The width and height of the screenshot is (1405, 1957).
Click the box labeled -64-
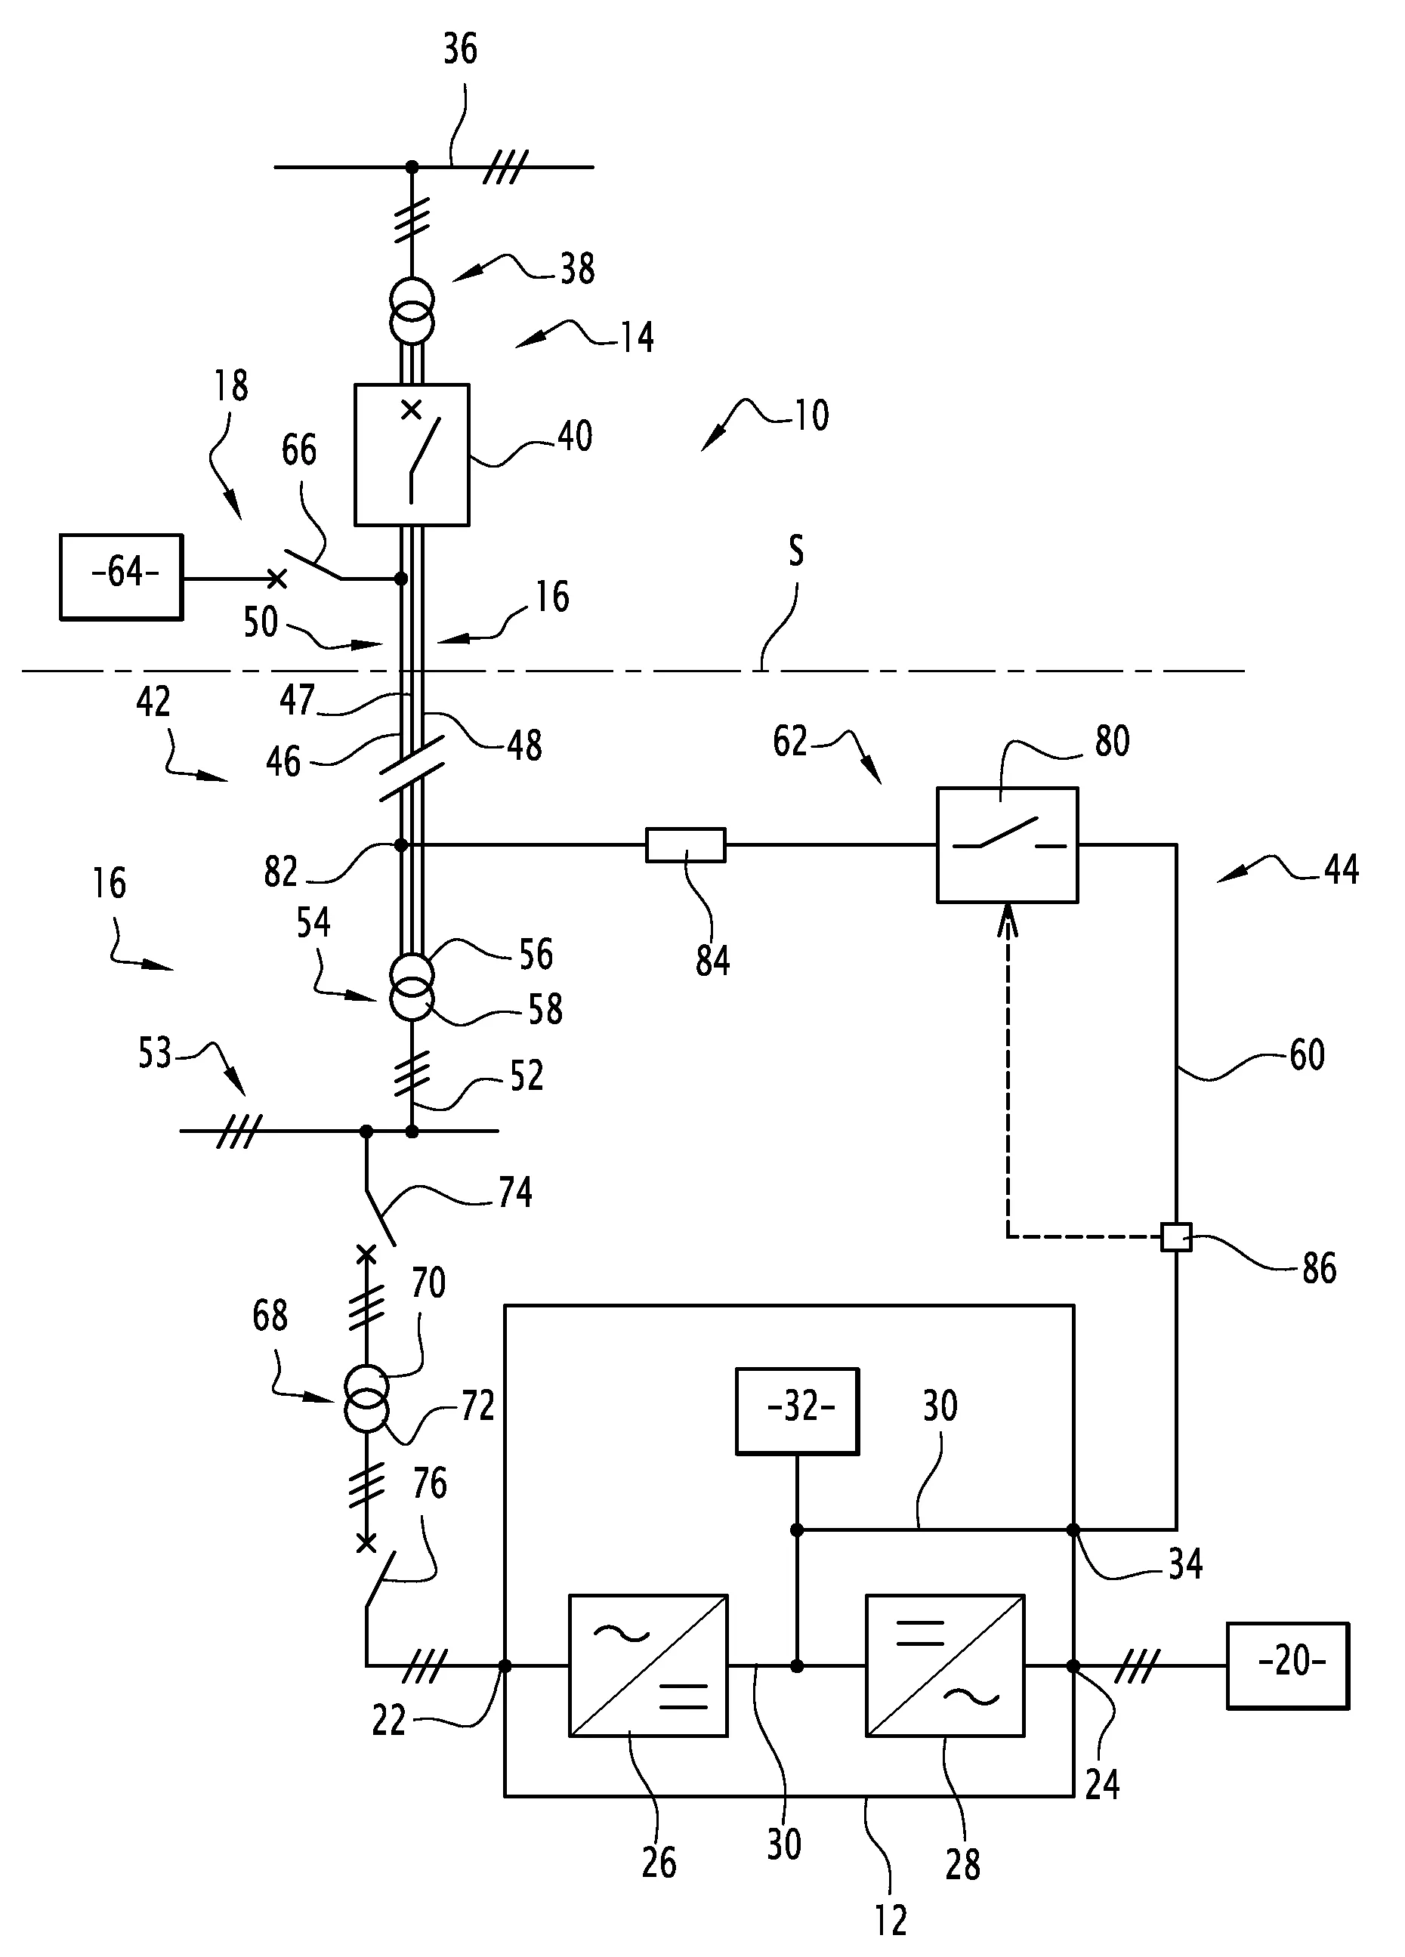121,576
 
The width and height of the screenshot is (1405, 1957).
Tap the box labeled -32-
797,1411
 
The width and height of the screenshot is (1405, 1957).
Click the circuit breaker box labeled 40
412,455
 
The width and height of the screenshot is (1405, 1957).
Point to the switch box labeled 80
1007,844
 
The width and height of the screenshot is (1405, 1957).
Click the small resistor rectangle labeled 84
685,844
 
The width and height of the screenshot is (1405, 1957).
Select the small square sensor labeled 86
1175,1236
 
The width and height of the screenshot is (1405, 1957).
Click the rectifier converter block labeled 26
648,1665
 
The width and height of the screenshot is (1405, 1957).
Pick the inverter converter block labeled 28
945,1665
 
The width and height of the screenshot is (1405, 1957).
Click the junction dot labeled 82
401,844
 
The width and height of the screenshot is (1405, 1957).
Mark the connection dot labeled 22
505,1666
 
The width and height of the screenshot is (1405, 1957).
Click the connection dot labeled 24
1073,1666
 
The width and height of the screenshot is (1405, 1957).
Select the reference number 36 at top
460,49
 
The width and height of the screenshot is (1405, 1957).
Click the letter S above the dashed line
795,550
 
